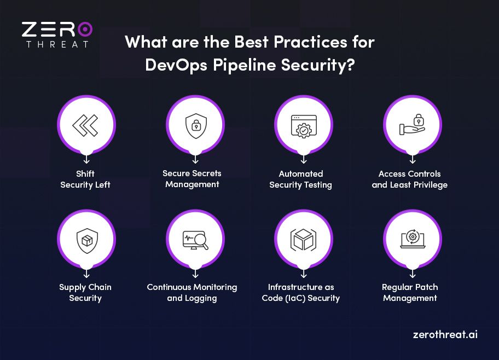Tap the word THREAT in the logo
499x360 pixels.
[57, 44]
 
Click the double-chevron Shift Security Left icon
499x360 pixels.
[85, 125]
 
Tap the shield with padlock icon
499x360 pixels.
[194, 125]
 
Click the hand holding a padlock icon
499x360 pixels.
[411, 125]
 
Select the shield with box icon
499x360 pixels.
[85, 239]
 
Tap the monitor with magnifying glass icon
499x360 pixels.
[194, 239]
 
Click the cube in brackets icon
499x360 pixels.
[303, 239]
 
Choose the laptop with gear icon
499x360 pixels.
[411, 239]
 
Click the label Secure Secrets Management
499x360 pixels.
[192, 179]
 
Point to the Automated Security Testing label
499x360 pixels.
[300, 179]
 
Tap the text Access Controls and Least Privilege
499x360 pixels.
[410, 179]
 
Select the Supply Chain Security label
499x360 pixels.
[85, 293]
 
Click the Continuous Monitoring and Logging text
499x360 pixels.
[192, 293]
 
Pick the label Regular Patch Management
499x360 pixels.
[410, 293]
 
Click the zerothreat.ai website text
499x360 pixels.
[445, 334]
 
